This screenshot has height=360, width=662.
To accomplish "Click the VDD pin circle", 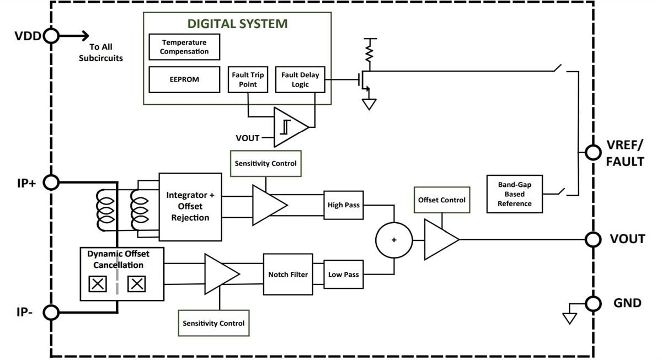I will click(51, 36).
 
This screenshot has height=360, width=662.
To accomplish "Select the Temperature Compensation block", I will click(184, 47).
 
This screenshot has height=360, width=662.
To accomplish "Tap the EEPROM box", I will click(184, 79).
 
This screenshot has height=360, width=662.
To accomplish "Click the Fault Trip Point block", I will click(248, 79).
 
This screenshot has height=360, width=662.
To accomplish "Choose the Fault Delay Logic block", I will click(300, 79).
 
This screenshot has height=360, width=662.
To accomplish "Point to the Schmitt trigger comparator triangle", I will click(289, 127).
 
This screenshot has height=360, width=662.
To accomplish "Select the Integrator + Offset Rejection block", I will click(190, 206).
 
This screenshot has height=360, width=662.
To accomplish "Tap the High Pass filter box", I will click(343, 205).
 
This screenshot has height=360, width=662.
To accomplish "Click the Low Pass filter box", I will click(343, 274).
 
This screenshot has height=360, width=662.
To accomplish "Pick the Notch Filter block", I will click(288, 274).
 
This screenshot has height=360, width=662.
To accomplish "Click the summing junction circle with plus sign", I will click(394, 240).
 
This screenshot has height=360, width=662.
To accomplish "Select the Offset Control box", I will click(441, 200).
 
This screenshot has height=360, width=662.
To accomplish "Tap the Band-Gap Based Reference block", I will click(514, 194).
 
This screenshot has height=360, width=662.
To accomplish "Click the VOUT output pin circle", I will click(593, 239).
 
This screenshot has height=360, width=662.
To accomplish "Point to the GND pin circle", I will click(593, 303).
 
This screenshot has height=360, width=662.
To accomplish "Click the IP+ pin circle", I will click(51, 182).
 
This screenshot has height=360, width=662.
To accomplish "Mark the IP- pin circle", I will click(51, 313).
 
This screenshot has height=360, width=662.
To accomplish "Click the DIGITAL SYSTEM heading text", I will click(237, 24).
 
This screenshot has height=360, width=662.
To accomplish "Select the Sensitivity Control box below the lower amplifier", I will click(213, 323).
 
